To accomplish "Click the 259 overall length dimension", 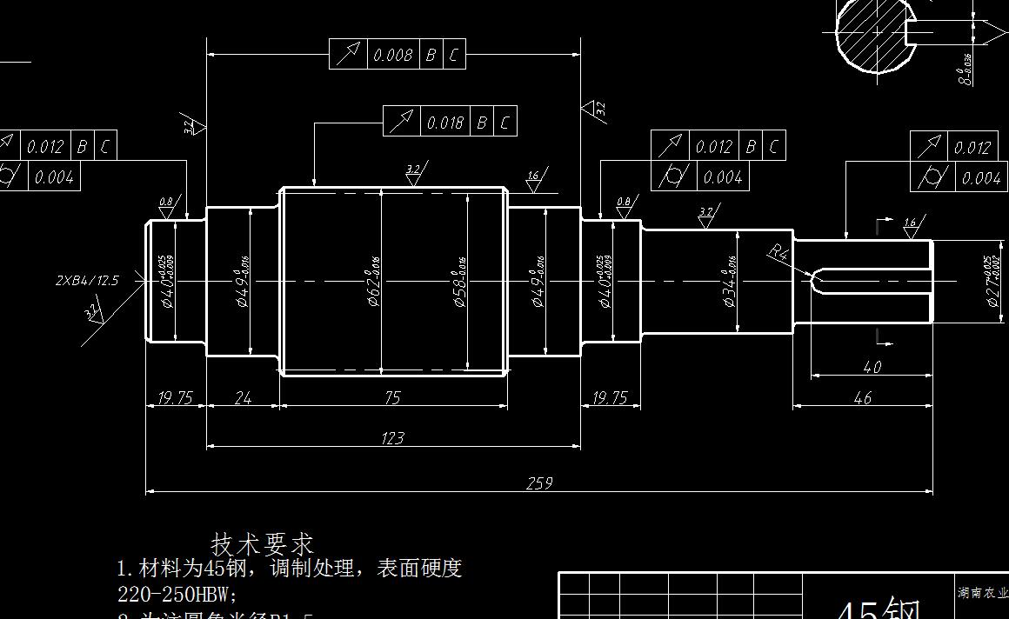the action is click(x=538, y=483).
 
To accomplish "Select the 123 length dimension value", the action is click(x=392, y=437).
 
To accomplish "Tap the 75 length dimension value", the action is click(x=392, y=397).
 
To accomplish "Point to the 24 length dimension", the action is click(x=243, y=397).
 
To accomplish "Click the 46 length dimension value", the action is click(x=862, y=397).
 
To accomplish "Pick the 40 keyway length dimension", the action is click(x=872, y=367).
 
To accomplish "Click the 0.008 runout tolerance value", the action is click(x=392, y=55).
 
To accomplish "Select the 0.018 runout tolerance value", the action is click(x=445, y=122).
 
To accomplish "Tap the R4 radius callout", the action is click(x=778, y=253).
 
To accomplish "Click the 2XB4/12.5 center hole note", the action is click(x=87, y=280).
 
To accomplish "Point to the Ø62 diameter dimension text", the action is click(x=375, y=283).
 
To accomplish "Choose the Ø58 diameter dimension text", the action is click(x=460, y=283).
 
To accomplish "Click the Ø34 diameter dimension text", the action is click(x=731, y=281).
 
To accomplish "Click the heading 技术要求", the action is click(x=262, y=544).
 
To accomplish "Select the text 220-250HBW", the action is click(x=177, y=595).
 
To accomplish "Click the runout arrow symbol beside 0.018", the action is click(x=401, y=122).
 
